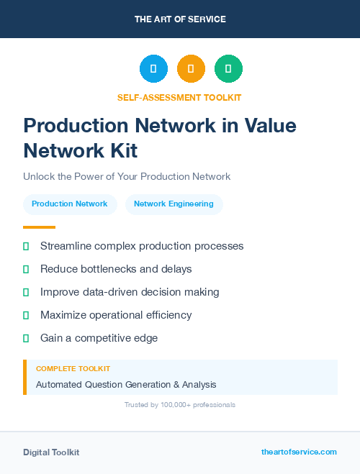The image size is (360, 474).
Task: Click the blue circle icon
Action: tap(153, 69)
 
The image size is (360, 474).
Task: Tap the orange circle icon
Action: tap(191, 69)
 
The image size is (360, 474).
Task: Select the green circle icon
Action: tap(228, 69)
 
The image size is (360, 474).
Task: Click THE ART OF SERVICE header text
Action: tap(180, 19)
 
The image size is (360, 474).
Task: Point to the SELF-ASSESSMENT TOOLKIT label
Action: tap(179, 97)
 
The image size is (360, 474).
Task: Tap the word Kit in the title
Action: tap(121, 150)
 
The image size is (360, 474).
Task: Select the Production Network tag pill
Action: tap(70, 204)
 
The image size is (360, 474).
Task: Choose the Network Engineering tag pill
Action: tap(174, 204)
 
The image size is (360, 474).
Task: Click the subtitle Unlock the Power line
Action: tap(127, 176)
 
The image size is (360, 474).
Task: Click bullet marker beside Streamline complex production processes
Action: tap(26, 247)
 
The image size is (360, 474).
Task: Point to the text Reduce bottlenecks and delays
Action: tap(116, 269)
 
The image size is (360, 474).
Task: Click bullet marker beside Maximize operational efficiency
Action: tap(26, 315)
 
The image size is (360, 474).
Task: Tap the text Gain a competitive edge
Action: tap(99, 338)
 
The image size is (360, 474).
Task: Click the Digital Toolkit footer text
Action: tap(51, 452)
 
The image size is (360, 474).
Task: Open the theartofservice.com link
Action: tap(299, 452)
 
